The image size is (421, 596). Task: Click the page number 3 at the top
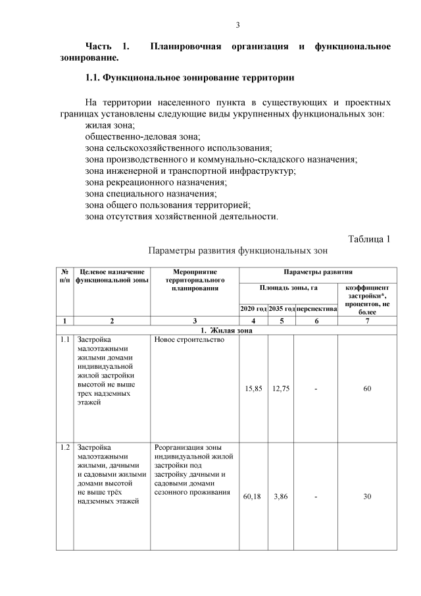click(x=238, y=26)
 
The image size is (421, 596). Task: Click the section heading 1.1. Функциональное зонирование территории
click(x=189, y=78)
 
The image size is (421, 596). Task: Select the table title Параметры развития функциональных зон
click(x=237, y=251)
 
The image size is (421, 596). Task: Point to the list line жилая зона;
click(x=110, y=125)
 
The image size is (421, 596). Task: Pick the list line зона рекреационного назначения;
click(x=156, y=182)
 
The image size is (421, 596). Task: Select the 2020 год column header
click(x=253, y=308)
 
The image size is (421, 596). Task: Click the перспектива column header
click(x=316, y=308)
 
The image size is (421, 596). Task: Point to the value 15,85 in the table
click(x=253, y=389)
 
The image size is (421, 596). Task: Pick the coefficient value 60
click(x=367, y=389)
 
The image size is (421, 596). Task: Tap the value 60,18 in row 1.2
click(x=253, y=496)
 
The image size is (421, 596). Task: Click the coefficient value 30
click(x=367, y=496)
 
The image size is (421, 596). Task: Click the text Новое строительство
click(x=189, y=340)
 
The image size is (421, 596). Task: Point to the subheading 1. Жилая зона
click(x=227, y=331)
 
